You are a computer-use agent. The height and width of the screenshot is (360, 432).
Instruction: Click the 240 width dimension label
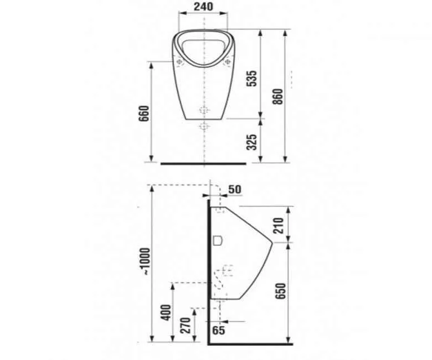203,7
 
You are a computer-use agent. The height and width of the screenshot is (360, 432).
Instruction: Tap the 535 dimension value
251,79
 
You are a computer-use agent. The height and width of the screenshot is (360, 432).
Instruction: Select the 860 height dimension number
278,96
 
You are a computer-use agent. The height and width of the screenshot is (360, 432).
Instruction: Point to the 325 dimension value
251,142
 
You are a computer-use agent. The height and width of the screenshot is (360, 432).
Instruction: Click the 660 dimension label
144,113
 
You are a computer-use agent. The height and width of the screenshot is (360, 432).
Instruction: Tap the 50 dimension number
235,189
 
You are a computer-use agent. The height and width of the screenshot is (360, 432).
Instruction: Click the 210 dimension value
279,225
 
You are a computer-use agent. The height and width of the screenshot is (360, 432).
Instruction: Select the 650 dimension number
281,291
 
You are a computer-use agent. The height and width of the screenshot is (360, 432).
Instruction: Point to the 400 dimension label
166,312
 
